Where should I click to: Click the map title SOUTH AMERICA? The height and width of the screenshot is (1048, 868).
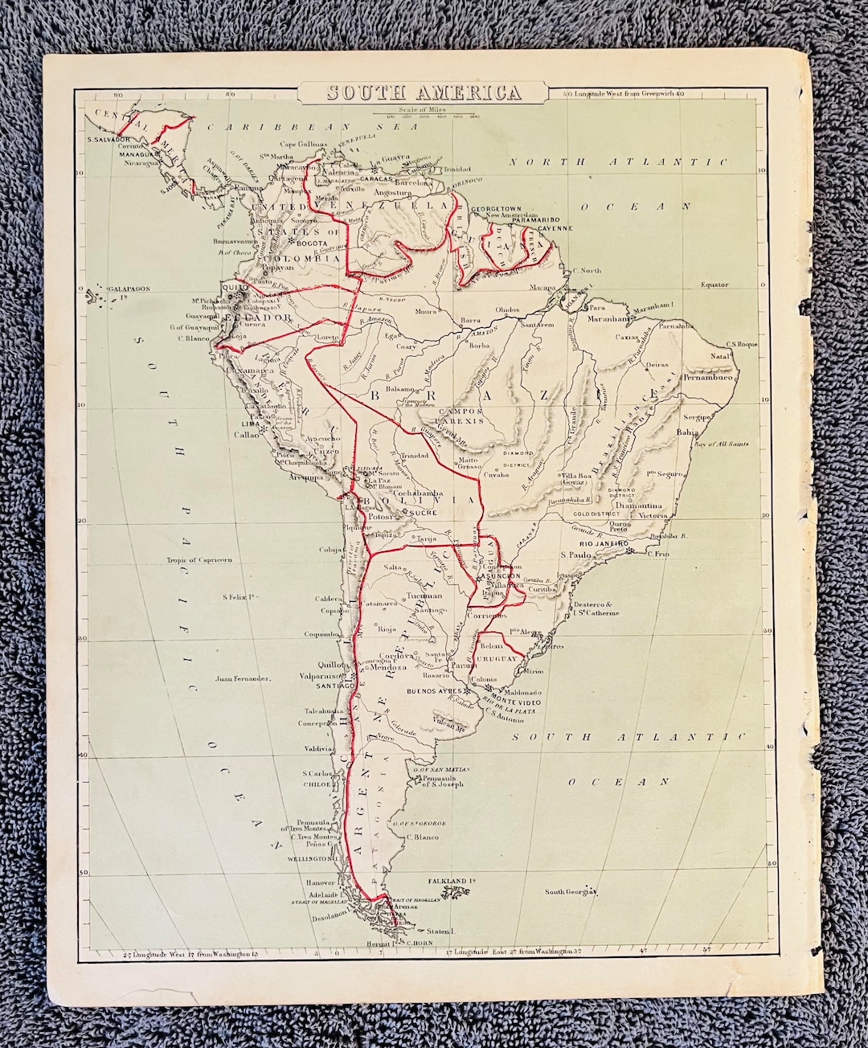tap(424, 92)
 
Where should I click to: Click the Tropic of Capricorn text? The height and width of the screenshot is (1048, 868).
tap(199, 559)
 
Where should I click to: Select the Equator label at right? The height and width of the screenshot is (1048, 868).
tap(714, 285)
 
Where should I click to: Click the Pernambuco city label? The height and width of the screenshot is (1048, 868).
tap(705, 375)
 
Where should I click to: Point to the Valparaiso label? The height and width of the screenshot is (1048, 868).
tap(313, 676)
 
